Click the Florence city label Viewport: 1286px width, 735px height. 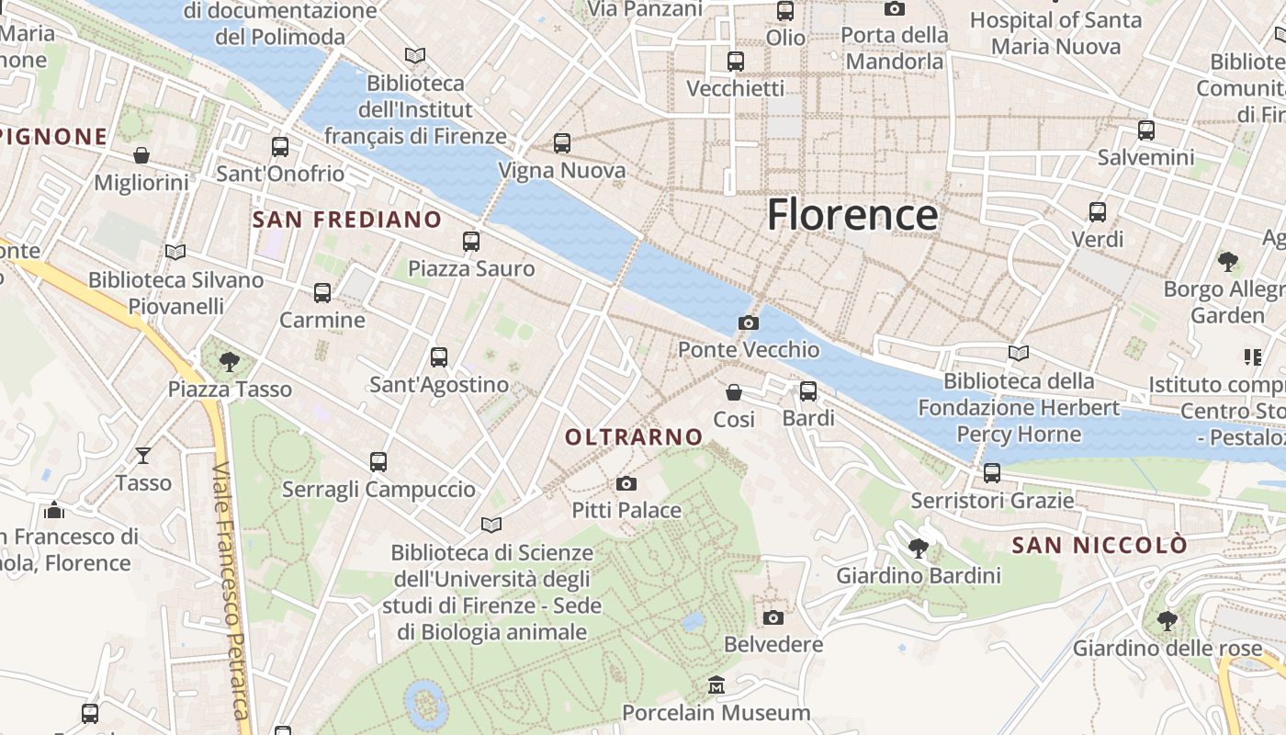pos(852,215)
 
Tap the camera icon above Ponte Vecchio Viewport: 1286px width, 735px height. pos(749,322)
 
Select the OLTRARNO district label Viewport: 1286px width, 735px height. pos(634,437)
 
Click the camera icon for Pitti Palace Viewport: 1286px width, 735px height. pos(626,483)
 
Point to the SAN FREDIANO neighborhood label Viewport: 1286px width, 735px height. pos(346,220)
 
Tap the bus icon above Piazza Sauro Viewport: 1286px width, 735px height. pos(471,242)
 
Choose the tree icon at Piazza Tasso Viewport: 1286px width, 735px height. pos(230,362)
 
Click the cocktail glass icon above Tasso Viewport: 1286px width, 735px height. pos(143,455)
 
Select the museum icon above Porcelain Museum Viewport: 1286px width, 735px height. pos(716,685)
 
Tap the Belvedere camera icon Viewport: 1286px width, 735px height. pos(773,617)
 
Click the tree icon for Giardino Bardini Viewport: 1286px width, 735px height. pos(918,549)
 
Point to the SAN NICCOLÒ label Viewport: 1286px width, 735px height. pos(1100,546)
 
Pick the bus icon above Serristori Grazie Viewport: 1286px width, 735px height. pos(992,473)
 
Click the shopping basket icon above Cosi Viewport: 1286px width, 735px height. pos(734,392)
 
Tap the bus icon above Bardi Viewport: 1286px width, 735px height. pos(808,391)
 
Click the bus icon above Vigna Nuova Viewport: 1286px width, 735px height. pos(562,143)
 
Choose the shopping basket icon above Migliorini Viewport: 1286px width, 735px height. pos(141,155)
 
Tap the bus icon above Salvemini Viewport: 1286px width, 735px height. pos(1146,130)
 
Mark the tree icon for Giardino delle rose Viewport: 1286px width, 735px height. pos(1168,621)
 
